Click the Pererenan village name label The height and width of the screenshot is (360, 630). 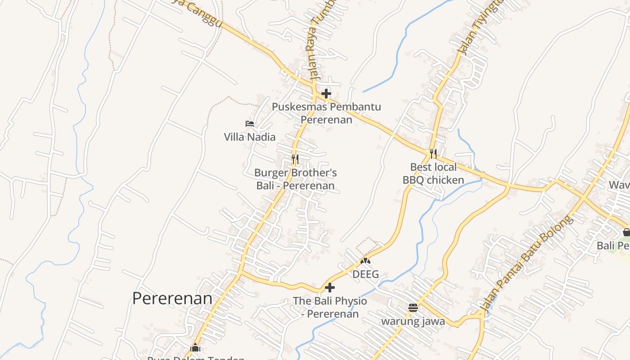click(x=172, y=298)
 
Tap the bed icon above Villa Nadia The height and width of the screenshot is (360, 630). click(x=250, y=123)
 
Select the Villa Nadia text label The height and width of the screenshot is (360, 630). click(x=250, y=137)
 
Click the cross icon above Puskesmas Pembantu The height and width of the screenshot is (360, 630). click(x=327, y=94)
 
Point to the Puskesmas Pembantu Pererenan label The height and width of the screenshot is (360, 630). click(x=327, y=113)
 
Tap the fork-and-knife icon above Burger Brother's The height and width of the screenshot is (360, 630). click(x=295, y=159)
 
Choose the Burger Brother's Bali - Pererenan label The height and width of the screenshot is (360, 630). click(x=296, y=179)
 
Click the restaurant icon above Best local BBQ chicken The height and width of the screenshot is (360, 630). click(x=433, y=154)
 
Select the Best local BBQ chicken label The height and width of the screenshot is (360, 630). click(x=433, y=174)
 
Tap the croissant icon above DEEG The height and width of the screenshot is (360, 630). click(x=365, y=261)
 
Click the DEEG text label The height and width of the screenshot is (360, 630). click(x=365, y=274)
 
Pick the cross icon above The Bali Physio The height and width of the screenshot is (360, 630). click(x=330, y=287)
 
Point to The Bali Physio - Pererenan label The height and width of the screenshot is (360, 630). click(x=330, y=307)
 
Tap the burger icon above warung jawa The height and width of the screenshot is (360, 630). click(x=413, y=308)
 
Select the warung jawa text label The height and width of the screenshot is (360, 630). click(x=413, y=321)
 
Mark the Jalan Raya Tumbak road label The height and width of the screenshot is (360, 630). click(x=321, y=40)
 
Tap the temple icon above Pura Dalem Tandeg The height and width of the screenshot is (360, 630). click(x=195, y=347)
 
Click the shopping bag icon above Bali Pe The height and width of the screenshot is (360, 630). click(x=626, y=232)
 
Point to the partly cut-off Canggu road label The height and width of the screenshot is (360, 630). click(x=198, y=11)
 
